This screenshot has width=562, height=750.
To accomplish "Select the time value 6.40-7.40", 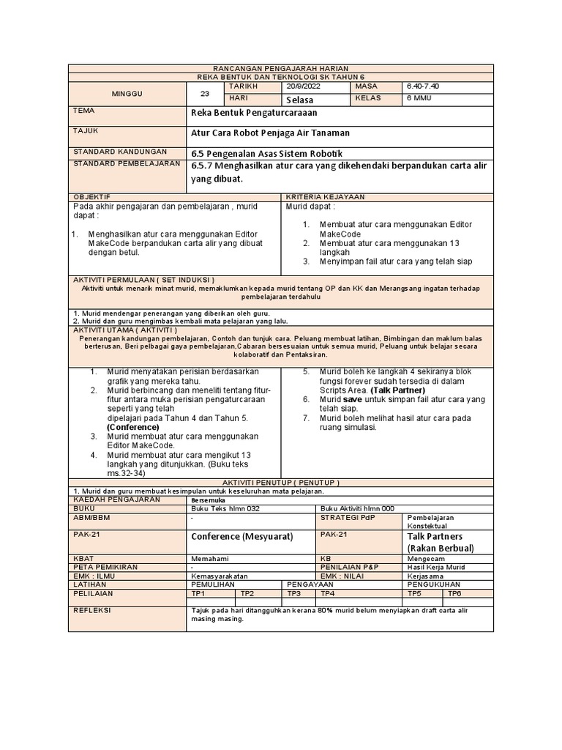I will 422,86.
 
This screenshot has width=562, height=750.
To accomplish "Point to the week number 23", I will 204,93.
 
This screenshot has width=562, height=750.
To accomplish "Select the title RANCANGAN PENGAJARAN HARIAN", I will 280,67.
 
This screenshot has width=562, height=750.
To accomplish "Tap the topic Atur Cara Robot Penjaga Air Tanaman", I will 270,133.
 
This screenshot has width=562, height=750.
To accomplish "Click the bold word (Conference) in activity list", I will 132,426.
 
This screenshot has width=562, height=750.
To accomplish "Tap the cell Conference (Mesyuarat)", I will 241,537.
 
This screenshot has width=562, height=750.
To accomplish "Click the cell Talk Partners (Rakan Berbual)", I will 440,542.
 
